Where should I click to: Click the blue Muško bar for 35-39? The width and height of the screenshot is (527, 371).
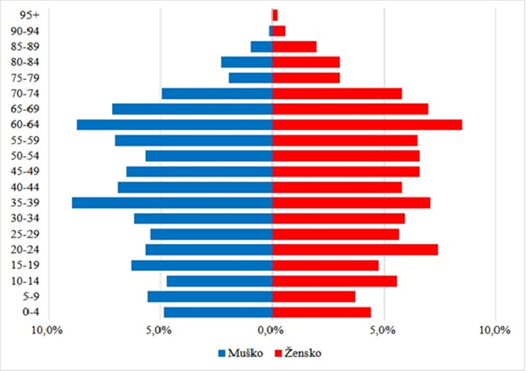pos(172,203)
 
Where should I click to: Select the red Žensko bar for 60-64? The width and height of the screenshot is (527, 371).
pos(367,125)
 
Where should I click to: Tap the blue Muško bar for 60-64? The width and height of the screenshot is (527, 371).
pos(174,125)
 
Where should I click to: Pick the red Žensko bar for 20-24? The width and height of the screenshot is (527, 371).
pos(355,250)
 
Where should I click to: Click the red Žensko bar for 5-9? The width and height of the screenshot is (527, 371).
pos(314,297)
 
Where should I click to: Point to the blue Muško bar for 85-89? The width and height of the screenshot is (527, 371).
pos(262,47)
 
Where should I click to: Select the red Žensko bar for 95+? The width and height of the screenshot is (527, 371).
pos(275,15)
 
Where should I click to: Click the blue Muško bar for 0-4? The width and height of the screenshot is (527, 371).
pos(218,312)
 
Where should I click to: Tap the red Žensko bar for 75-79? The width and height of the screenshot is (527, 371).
pos(306,78)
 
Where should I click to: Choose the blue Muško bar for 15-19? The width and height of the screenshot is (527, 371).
pos(201,266)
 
